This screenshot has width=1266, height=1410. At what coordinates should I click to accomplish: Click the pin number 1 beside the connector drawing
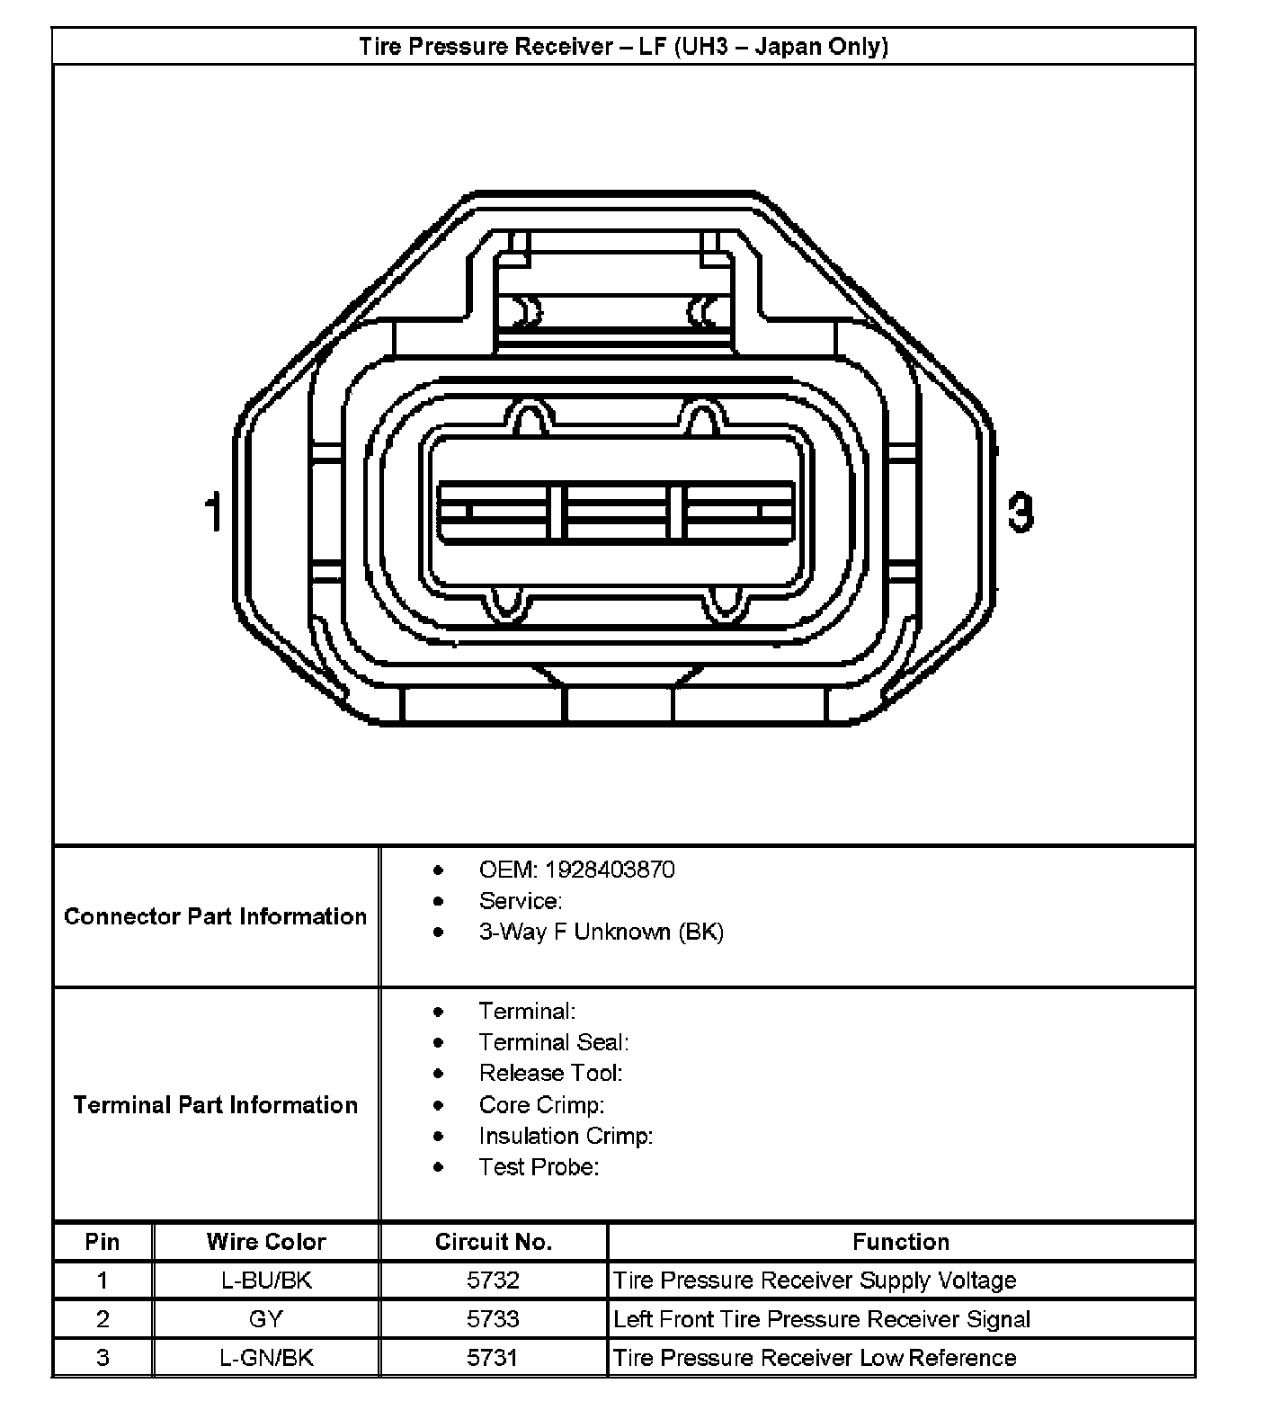click(x=214, y=513)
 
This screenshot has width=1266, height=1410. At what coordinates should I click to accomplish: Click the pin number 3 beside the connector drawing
click(x=1020, y=513)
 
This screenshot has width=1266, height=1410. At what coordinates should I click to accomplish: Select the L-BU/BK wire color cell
click(x=266, y=1280)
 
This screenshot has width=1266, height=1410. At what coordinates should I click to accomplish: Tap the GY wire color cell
click(x=266, y=1319)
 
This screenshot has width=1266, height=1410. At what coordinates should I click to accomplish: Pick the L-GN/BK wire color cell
click(x=266, y=1357)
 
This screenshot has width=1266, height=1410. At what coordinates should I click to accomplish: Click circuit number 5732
click(x=493, y=1280)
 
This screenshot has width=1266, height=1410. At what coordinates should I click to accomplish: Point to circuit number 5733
click(x=493, y=1319)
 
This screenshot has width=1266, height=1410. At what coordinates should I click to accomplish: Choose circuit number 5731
click(x=493, y=1357)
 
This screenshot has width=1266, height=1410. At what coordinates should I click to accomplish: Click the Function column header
click(x=901, y=1242)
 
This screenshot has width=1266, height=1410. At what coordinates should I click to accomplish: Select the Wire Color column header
click(x=266, y=1242)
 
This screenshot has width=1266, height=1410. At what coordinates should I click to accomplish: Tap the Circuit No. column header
click(x=493, y=1242)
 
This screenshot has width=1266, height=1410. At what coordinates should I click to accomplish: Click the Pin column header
click(x=103, y=1242)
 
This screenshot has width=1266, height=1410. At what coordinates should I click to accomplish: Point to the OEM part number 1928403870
click(x=610, y=870)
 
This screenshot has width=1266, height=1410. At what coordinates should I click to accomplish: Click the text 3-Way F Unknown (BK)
click(x=601, y=932)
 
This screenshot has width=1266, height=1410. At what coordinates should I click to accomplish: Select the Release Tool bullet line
click(x=550, y=1073)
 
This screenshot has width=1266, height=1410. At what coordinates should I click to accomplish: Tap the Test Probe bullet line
click(x=539, y=1166)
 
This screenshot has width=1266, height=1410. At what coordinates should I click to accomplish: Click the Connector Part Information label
click(x=216, y=916)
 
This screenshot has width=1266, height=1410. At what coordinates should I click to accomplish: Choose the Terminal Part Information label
click(x=216, y=1104)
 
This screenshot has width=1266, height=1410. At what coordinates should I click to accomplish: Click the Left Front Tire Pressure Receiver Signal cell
click(x=822, y=1319)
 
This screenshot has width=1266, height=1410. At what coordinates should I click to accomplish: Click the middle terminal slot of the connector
click(x=617, y=513)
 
